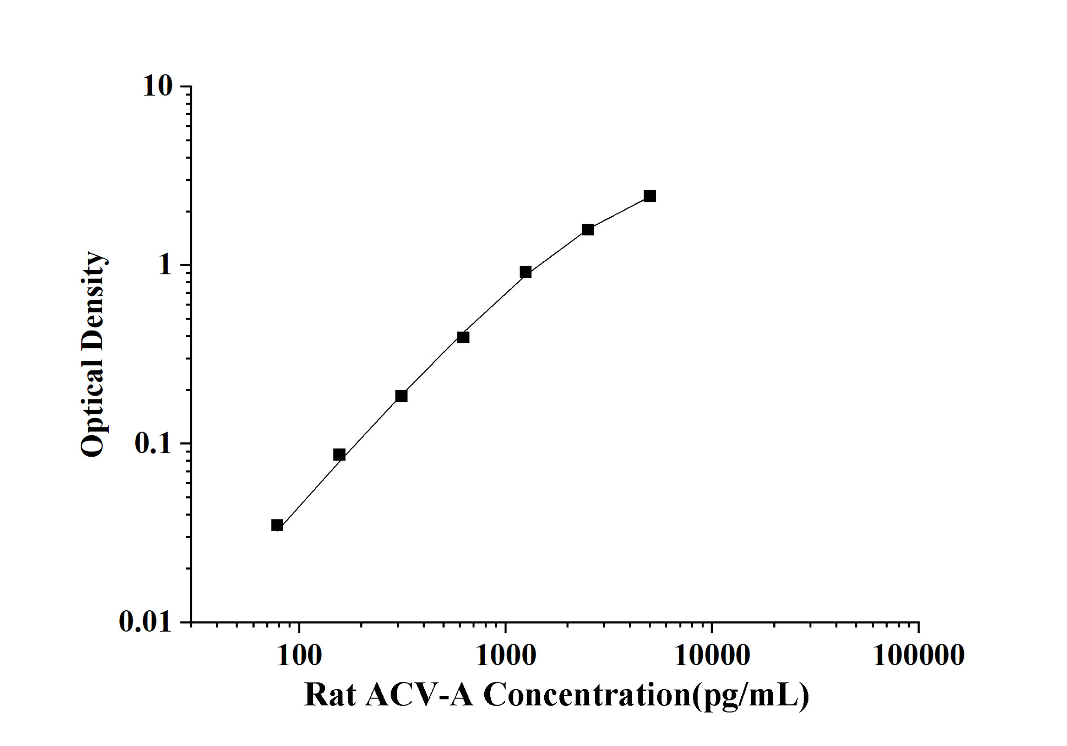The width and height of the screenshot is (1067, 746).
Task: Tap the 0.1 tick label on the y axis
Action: [152, 443]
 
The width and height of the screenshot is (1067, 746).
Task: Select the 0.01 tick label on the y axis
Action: [145, 622]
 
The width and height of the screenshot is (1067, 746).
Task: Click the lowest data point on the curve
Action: [277, 526]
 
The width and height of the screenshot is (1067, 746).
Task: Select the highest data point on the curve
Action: [650, 196]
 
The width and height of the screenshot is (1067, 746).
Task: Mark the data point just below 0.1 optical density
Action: [339, 454]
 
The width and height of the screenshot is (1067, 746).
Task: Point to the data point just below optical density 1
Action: [526, 272]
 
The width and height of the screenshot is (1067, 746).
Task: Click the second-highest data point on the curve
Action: [588, 229]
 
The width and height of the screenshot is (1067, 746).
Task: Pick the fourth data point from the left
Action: [463, 337]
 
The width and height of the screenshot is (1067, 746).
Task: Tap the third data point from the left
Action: [401, 396]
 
